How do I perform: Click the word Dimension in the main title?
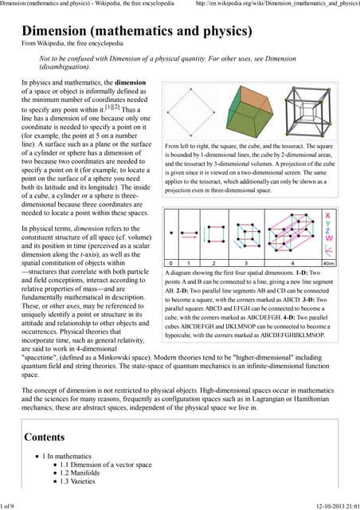pos(61,32)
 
